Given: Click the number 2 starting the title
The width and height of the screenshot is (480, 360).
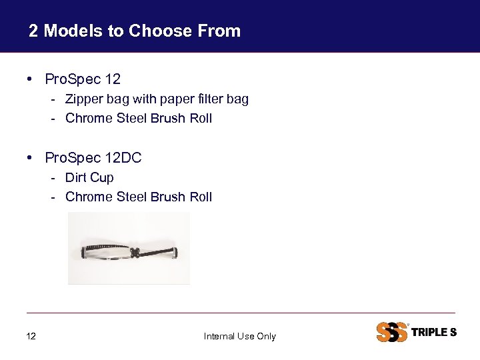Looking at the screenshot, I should [33, 31].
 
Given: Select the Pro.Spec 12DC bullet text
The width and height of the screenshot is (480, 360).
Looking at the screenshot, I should [93, 158].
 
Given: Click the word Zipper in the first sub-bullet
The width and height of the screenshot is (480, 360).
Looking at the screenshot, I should [83, 99].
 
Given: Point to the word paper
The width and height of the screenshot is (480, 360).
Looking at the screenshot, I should [174, 99].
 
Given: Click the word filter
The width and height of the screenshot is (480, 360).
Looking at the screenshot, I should [210, 99].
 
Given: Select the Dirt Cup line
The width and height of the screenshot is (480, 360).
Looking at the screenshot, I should [89, 177].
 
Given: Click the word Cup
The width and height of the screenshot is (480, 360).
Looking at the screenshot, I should [102, 177].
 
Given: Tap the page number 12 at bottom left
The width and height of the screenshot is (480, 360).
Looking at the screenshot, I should [31, 336].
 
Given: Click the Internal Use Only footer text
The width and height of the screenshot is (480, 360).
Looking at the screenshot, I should [239, 336].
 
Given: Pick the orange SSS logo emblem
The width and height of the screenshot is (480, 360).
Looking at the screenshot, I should [392, 331].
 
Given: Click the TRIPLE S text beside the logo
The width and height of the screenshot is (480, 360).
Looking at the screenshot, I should [435, 332].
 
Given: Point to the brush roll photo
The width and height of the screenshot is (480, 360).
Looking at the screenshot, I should [129, 248].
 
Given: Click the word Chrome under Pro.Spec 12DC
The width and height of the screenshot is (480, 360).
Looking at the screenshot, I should [89, 197].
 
